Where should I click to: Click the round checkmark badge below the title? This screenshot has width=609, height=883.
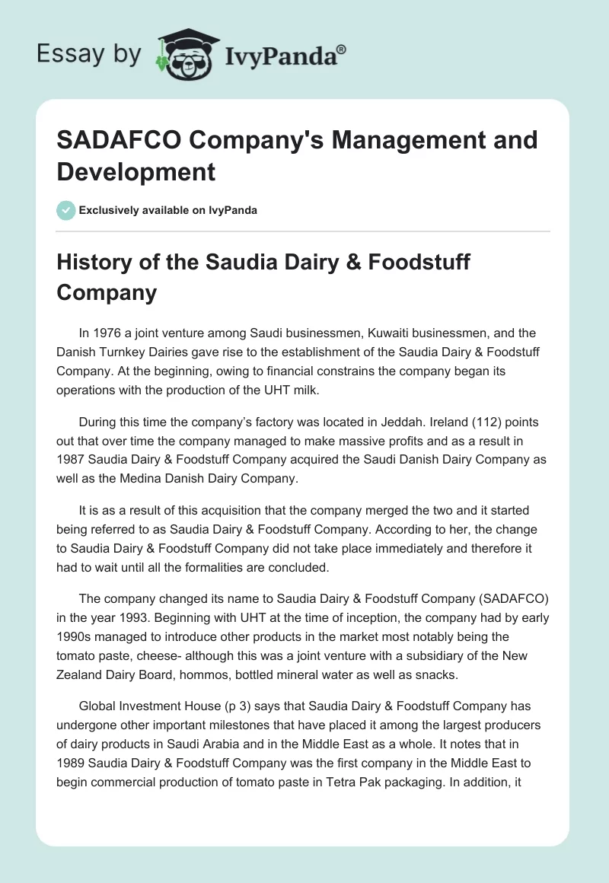66,210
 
